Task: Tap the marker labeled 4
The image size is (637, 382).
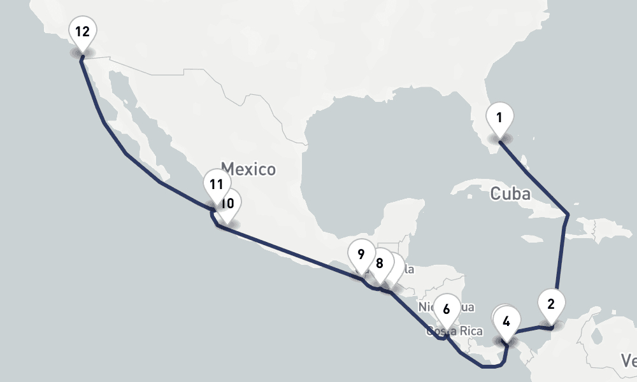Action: [x=506, y=322]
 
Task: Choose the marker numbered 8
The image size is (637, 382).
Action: [x=380, y=263]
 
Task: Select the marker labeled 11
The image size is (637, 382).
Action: [x=217, y=185]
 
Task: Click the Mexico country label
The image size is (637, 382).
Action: [x=249, y=169]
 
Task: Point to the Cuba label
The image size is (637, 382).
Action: [x=510, y=194]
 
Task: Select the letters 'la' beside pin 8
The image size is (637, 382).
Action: [x=408, y=269]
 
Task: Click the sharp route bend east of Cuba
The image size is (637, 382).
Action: [x=567, y=215]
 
